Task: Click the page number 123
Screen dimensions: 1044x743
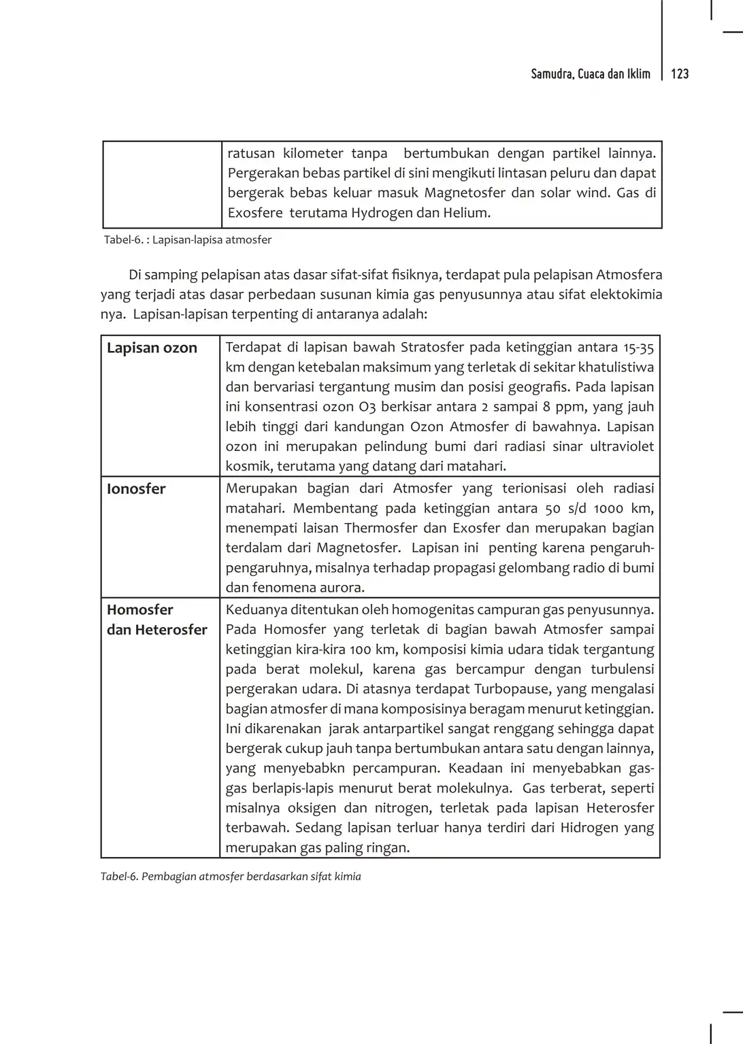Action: pyautogui.click(x=680, y=74)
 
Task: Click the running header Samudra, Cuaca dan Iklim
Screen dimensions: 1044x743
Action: pyautogui.click(x=591, y=74)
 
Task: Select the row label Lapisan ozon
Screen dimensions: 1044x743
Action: pyautogui.click(x=152, y=348)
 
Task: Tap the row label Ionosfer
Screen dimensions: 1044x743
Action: pyautogui.click(x=136, y=489)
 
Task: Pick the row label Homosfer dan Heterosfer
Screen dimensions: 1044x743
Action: pyautogui.click(x=156, y=620)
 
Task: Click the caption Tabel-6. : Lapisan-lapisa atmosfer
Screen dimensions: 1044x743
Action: pyautogui.click(x=188, y=239)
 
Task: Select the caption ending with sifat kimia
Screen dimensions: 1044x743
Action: pyautogui.click(x=231, y=877)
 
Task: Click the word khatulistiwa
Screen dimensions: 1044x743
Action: pyautogui.click(x=616, y=368)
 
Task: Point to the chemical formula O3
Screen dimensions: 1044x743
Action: pyautogui.click(x=365, y=407)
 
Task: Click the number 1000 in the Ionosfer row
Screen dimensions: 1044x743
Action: pyautogui.click(x=608, y=509)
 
